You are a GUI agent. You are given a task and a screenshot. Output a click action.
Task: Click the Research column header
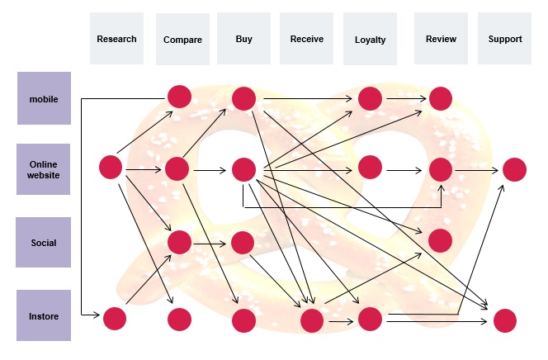click(116, 39)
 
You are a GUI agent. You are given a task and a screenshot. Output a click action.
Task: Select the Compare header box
click(182, 40)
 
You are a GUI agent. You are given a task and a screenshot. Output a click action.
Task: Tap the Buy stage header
click(243, 39)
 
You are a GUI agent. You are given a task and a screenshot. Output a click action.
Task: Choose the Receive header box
click(307, 39)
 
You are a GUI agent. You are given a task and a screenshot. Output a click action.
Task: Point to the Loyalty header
click(370, 40)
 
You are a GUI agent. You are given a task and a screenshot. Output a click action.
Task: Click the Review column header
click(441, 39)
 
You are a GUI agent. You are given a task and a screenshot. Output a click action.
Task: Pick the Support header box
click(505, 39)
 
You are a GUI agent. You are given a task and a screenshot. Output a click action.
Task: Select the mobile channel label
click(44, 98)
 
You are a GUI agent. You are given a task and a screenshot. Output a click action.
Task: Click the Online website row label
click(44, 169)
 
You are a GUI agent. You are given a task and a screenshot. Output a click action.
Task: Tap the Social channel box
click(44, 243)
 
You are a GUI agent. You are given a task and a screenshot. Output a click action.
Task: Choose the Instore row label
click(44, 315)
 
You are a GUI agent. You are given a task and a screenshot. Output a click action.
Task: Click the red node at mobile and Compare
click(179, 97)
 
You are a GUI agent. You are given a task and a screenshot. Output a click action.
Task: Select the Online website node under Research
click(111, 167)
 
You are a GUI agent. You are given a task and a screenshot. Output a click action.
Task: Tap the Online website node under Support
click(514, 169)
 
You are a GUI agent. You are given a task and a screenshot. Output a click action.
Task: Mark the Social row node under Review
click(441, 240)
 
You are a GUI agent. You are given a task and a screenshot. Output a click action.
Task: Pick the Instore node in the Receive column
click(311, 320)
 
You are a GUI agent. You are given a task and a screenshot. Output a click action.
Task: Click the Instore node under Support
click(504, 320)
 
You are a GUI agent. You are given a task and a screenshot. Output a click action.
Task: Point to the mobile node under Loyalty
click(370, 99)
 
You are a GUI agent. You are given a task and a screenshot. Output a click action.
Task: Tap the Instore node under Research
click(114, 318)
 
